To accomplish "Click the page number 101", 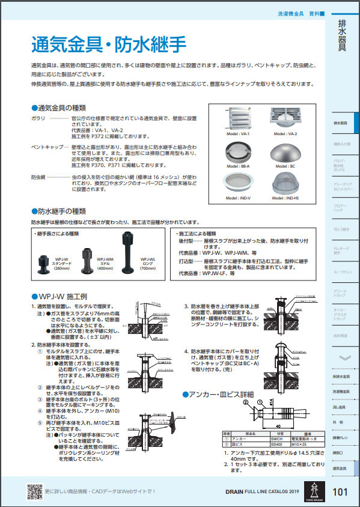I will click(340, 492).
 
